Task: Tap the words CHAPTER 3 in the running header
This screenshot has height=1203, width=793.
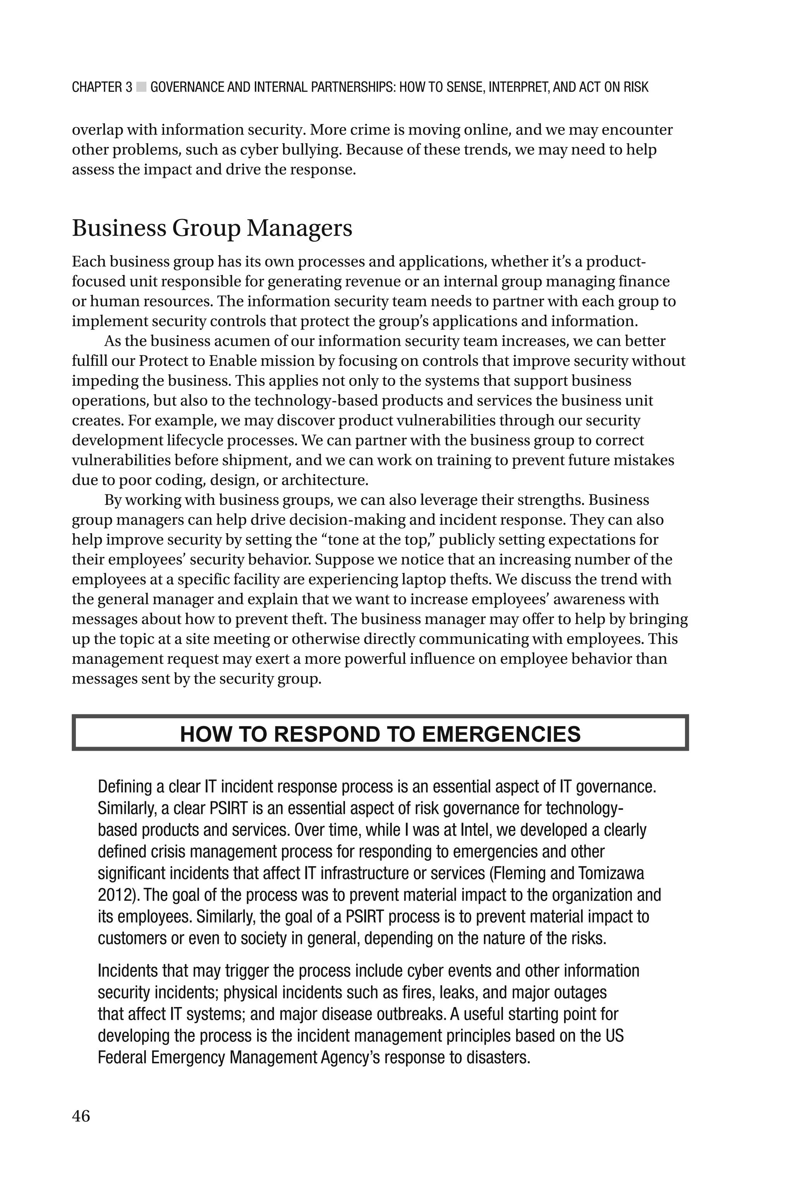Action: coord(102,88)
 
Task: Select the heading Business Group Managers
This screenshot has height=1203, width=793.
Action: coord(212,228)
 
